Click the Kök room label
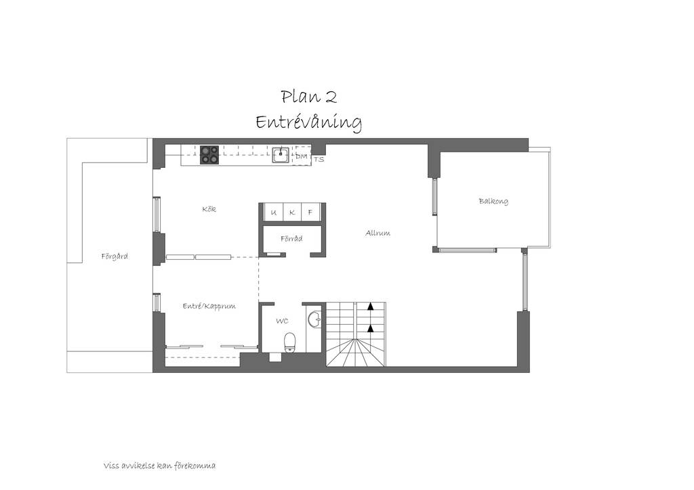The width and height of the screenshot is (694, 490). click(209, 209)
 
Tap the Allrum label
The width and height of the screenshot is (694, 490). click(377, 233)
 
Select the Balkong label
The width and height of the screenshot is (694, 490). click(493, 202)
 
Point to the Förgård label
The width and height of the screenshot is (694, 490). click(115, 256)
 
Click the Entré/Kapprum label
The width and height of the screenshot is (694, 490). click(209, 306)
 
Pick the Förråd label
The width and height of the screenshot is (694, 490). click(291, 239)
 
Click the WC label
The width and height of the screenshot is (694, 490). click(282, 321)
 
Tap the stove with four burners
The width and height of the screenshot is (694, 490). click(209, 155)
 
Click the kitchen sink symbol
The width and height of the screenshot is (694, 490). click(281, 155)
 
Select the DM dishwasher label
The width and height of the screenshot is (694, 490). click(302, 156)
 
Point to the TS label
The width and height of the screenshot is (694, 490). click(319, 160)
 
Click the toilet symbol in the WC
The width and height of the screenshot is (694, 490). click(290, 343)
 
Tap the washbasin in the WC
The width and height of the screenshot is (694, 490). click(315, 319)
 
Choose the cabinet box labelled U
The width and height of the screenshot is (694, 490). click(273, 211)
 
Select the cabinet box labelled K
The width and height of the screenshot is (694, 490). click(291, 211)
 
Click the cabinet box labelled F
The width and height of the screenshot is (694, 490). click(310, 211)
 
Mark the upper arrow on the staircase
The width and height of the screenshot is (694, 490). click(371, 305)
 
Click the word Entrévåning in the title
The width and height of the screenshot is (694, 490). click(309, 122)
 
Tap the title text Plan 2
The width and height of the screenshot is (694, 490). click(309, 96)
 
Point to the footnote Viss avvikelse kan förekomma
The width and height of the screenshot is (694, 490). click(160, 466)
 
